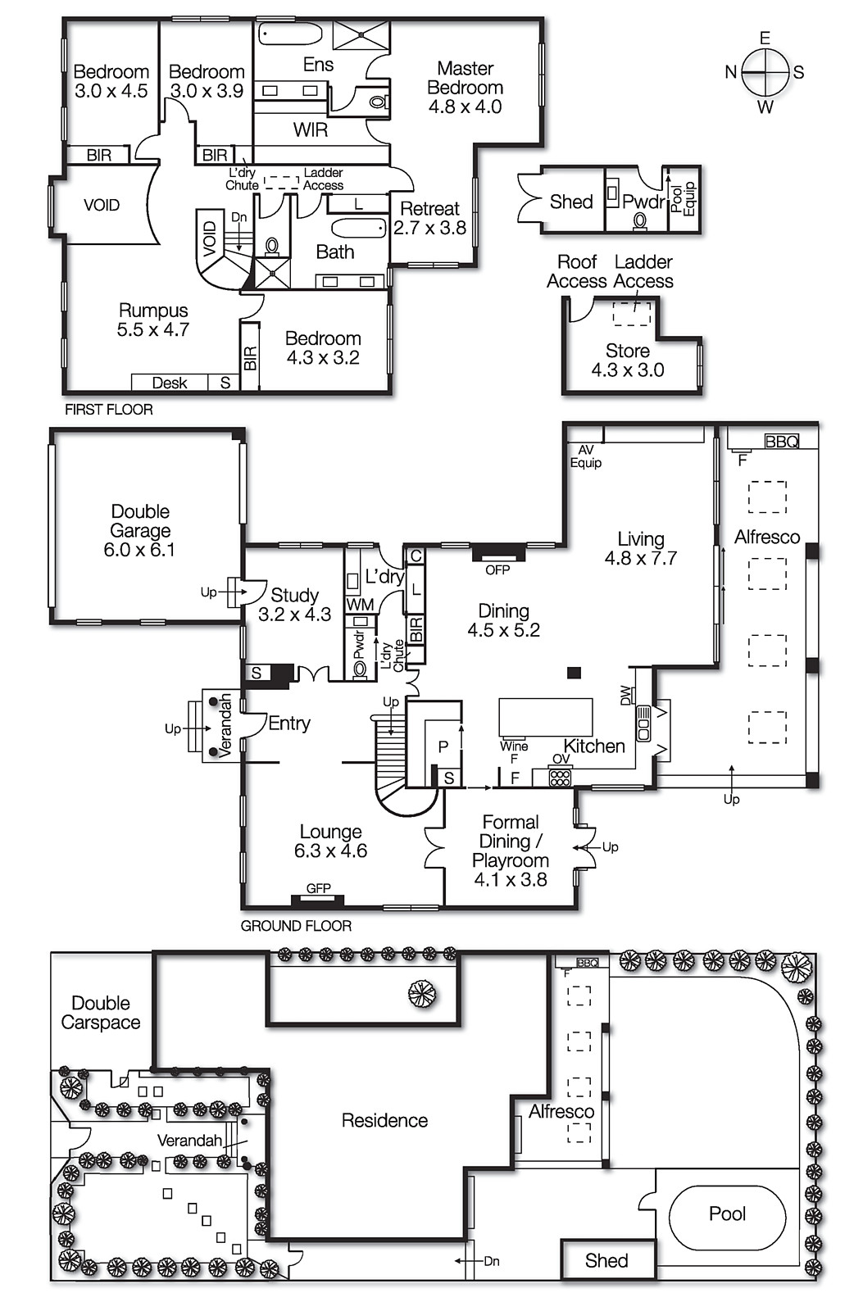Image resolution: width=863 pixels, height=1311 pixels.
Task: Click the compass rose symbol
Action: (x=765, y=72)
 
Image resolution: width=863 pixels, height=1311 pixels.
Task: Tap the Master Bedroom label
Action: (x=465, y=87)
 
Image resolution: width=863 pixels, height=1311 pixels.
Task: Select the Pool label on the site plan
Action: (x=727, y=1213)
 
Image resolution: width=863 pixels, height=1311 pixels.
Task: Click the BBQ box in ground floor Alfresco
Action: (x=781, y=442)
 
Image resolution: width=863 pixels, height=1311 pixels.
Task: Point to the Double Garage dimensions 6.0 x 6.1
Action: (x=139, y=550)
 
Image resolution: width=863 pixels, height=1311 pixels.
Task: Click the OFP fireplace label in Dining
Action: (x=497, y=569)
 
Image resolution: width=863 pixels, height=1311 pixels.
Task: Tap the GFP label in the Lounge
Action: (x=318, y=888)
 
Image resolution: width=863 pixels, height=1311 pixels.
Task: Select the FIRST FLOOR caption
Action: (x=109, y=409)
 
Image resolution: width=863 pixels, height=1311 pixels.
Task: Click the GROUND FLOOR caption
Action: (x=296, y=926)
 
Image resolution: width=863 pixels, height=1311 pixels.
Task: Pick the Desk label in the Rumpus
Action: (x=169, y=383)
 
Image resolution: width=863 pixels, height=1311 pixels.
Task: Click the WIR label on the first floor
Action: (x=310, y=129)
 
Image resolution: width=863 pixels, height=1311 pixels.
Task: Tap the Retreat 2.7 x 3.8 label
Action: (x=429, y=219)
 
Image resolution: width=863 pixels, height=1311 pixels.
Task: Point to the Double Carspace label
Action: (x=101, y=1013)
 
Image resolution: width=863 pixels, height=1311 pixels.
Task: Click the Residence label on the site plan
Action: (x=384, y=1120)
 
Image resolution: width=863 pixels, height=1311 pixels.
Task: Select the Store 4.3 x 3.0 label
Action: (x=628, y=361)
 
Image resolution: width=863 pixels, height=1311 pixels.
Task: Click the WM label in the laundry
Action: (x=360, y=605)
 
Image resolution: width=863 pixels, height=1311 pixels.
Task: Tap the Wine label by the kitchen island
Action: (x=514, y=746)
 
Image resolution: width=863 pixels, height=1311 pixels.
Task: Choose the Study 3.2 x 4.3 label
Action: (x=294, y=605)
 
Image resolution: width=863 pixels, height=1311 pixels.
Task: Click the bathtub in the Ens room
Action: (x=290, y=34)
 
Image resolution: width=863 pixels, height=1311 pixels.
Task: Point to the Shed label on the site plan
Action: (x=606, y=1261)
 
